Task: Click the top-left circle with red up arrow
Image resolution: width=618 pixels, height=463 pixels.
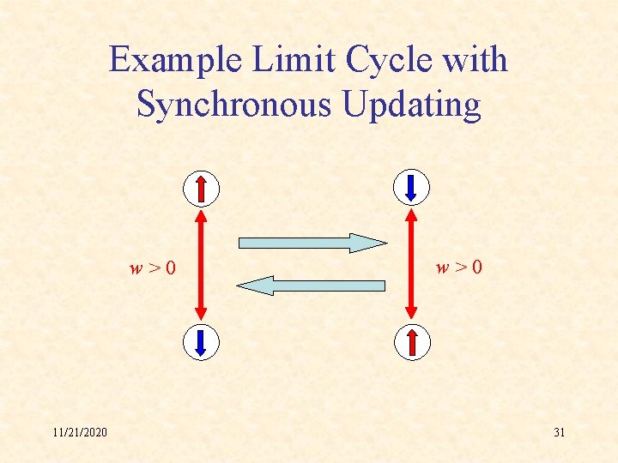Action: [x=201, y=188]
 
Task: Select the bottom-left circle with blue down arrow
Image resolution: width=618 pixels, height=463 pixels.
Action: [x=201, y=342]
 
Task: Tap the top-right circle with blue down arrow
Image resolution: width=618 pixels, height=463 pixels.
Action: [x=411, y=188]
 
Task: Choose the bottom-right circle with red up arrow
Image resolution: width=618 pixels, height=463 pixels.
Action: [x=411, y=342]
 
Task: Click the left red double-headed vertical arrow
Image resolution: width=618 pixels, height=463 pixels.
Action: [x=201, y=265]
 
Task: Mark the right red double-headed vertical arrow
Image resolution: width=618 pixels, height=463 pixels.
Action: [x=411, y=265]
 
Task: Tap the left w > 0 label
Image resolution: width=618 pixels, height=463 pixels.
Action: [x=153, y=268]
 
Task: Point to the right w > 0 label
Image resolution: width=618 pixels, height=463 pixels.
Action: [x=459, y=268]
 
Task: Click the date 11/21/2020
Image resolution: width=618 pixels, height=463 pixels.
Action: [x=79, y=432]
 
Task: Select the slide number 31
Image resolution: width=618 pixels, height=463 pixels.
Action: [x=559, y=432]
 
